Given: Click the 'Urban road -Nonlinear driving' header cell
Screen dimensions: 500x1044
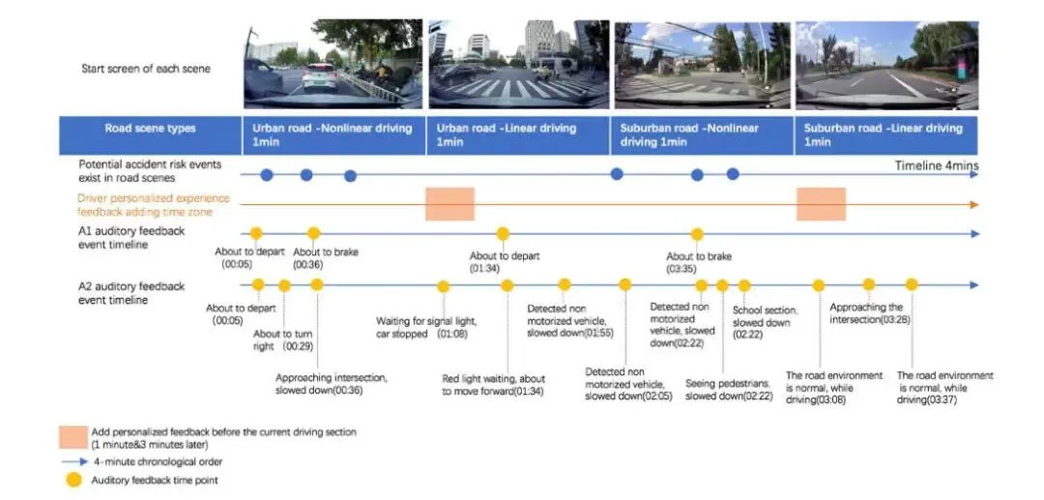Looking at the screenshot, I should [333, 134].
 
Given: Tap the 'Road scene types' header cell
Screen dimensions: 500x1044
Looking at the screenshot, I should [150, 129].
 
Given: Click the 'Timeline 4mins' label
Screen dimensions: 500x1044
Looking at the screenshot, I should [936, 166].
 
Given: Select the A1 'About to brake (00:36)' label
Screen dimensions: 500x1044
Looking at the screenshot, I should [312, 258].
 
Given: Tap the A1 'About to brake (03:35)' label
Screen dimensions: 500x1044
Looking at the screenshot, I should [698, 262].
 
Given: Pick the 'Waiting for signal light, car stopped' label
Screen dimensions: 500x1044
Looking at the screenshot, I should [426, 328].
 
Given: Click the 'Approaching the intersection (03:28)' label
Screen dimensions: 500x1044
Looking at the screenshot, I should [869, 313].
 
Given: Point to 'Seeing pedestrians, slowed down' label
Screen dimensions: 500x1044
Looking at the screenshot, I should [729, 389].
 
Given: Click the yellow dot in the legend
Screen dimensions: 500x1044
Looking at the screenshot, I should [72, 479].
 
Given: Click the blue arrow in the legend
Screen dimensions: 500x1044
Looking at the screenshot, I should [71, 461].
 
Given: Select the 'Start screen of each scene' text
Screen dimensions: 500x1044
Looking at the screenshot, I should [144, 69].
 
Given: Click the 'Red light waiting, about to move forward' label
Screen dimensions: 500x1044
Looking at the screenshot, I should [492, 385].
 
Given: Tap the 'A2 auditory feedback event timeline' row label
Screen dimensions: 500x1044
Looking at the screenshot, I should [130, 293].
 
